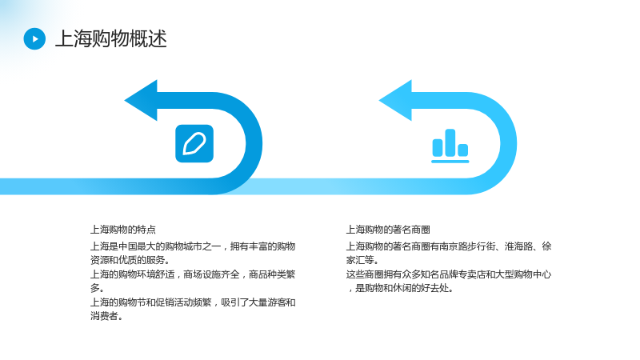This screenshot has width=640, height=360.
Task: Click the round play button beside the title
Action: click(x=34, y=38)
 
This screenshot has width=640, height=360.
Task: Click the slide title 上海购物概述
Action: click(x=111, y=38)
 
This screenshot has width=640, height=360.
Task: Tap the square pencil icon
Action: click(x=194, y=144)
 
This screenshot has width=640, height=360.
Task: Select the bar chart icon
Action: click(x=450, y=146)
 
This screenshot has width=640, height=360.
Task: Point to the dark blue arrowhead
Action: click(x=142, y=101)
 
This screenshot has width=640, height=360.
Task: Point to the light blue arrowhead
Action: click(x=396, y=101)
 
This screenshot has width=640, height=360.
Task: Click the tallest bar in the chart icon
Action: click(x=450, y=142)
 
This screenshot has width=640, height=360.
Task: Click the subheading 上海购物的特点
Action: click(x=123, y=230)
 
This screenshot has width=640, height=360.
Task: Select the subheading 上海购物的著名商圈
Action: click(x=388, y=230)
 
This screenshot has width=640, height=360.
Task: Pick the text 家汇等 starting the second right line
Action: click(x=360, y=260)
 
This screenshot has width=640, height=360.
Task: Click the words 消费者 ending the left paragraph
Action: click(x=104, y=316)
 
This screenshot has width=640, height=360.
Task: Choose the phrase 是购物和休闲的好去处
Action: click(x=402, y=288)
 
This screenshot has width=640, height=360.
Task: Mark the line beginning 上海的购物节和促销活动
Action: click(x=193, y=302)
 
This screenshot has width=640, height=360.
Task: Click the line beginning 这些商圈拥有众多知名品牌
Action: click(x=449, y=274)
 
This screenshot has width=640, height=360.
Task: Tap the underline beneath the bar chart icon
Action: click(x=450, y=162)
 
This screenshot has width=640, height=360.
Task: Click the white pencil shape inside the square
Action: click(x=194, y=144)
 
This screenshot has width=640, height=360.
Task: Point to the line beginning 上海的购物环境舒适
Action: click(x=193, y=274)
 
